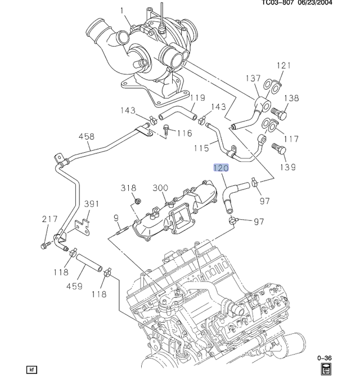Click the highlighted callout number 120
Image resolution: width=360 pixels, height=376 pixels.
(x=221, y=168)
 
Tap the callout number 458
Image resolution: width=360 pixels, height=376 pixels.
(x=87, y=137)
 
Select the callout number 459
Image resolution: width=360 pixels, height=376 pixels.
(x=74, y=286)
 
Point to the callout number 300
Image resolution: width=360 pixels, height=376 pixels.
(x=160, y=188)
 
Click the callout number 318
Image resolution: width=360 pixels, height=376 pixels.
(x=128, y=188)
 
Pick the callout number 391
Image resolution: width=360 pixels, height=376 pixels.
(x=92, y=204)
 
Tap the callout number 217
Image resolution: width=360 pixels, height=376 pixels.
(x=50, y=219)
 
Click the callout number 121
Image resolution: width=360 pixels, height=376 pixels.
(x=284, y=65)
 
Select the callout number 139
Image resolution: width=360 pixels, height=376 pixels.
(x=288, y=167)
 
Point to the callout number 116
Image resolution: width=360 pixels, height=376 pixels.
(x=184, y=133)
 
